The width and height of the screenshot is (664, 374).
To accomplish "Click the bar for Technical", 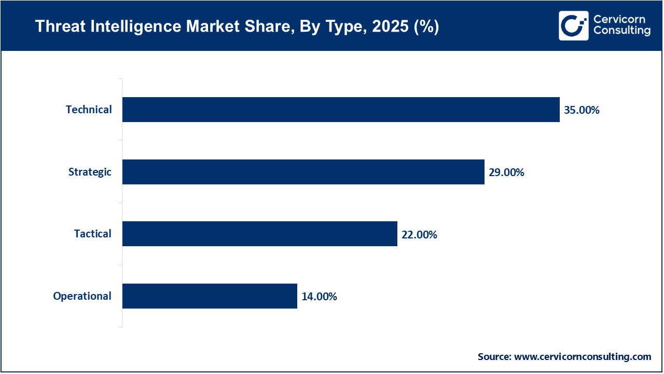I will pos(341,110).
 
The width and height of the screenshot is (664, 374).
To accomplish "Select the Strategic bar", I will pos(303,172).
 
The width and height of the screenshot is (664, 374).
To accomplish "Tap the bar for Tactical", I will pos(259,234).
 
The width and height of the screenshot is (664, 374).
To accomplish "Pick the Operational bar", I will pos(210,296).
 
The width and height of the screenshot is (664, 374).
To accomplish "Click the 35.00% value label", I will pos(582,110).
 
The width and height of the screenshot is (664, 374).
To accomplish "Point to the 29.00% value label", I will pos(506,172).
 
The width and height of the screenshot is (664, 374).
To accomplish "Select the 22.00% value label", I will pos(419,235).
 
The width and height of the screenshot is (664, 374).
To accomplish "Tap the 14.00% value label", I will pos(319,297).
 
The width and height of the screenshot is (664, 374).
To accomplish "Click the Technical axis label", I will pos(89,110).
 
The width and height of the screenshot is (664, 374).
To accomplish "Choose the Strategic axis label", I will pos(90,172).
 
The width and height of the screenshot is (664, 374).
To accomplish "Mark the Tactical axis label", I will pos(92,234).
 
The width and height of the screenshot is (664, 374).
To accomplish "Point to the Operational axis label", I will pos(82,296).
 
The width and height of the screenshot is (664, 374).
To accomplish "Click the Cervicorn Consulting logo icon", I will pos(573,25).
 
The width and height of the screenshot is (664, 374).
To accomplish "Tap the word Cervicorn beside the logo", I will pos(620,20).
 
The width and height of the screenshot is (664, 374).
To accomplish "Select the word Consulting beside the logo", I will pos(621,31).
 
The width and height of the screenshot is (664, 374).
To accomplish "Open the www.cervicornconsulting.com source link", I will pos(583,357).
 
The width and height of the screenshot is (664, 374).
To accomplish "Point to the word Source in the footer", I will pos(494,357).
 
